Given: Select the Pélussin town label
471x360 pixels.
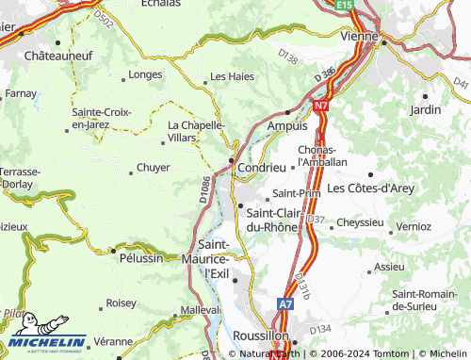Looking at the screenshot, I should (140, 257).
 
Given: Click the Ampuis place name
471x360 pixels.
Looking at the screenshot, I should (287, 125).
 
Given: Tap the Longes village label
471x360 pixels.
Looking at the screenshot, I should (145, 74).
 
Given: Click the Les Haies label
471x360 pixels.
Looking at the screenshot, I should (232, 76).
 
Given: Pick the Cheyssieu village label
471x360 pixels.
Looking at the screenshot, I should (360, 222).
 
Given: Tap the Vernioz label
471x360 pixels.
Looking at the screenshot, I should (414, 227).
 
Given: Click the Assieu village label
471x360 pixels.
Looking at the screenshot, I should (389, 267).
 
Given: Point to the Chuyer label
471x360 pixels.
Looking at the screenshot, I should (154, 168).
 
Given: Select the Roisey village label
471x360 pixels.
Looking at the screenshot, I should (122, 303).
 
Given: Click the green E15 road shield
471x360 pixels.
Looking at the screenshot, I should (346, 6).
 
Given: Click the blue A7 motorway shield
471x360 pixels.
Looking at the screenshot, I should (285, 304).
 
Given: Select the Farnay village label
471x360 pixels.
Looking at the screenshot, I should (20, 94).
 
